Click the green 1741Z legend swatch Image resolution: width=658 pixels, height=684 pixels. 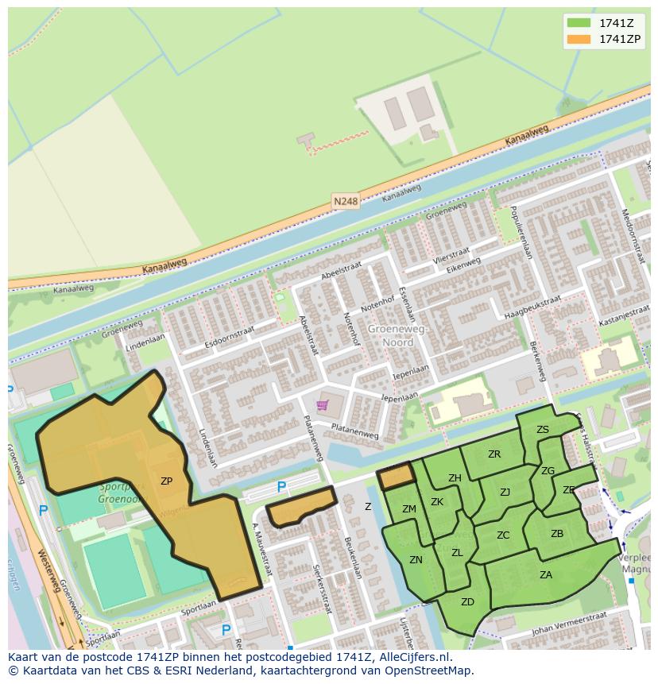(x=579, y=22)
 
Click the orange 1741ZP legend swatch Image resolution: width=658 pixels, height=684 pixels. (x=579, y=39)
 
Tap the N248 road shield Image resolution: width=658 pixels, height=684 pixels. (x=346, y=202)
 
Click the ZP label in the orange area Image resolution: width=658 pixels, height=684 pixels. (x=166, y=481)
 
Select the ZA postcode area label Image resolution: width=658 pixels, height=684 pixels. (x=546, y=575)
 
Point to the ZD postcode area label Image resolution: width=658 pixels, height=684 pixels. (x=467, y=601)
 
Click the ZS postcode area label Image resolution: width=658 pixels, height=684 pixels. (x=543, y=430)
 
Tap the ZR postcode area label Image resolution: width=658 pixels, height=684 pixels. (x=494, y=454)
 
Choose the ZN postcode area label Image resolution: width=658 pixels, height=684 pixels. (x=416, y=560)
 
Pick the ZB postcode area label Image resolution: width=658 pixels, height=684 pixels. (x=557, y=534)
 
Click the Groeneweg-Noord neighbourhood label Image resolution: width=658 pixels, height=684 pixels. (x=398, y=335)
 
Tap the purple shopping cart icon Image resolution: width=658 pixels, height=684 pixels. (x=322, y=405)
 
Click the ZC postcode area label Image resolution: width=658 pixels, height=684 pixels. (x=503, y=535)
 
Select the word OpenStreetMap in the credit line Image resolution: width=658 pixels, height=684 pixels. (x=429, y=670)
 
